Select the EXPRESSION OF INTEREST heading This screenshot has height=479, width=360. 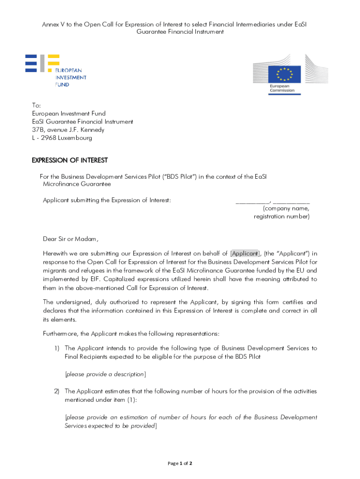coord(70,160)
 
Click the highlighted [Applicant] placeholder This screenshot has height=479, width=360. coord(245,254)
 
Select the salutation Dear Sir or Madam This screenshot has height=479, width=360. coord(71,239)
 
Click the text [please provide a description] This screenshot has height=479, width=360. coord(105,374)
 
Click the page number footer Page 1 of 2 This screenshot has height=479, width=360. coord(180,464)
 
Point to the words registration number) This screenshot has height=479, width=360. coord(281,217)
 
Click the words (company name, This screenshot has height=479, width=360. coord(286,209)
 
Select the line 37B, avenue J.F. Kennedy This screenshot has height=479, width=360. coord(68,130)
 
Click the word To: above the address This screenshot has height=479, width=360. coord(36,105)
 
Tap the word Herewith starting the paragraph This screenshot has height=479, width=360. coord(56,254)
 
